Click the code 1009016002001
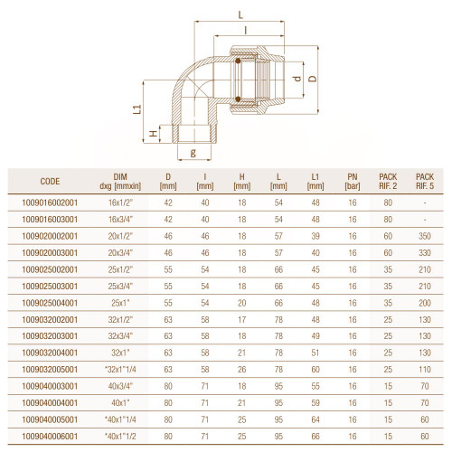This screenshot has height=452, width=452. tap(50, 202)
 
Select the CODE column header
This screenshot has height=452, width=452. tap(50, 182)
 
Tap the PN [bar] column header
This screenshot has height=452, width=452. tap(353, 182)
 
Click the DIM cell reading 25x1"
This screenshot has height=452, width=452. tap(120, 303)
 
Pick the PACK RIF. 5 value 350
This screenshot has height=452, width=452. tap(425, 236)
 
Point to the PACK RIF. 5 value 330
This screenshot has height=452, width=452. tap(425, 253)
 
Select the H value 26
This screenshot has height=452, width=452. tap(242, 370)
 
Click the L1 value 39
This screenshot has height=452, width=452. tap(315, 236)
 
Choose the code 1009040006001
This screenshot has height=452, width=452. tap(50, 437)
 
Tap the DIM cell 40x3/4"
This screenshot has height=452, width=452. tap(120, 386)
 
